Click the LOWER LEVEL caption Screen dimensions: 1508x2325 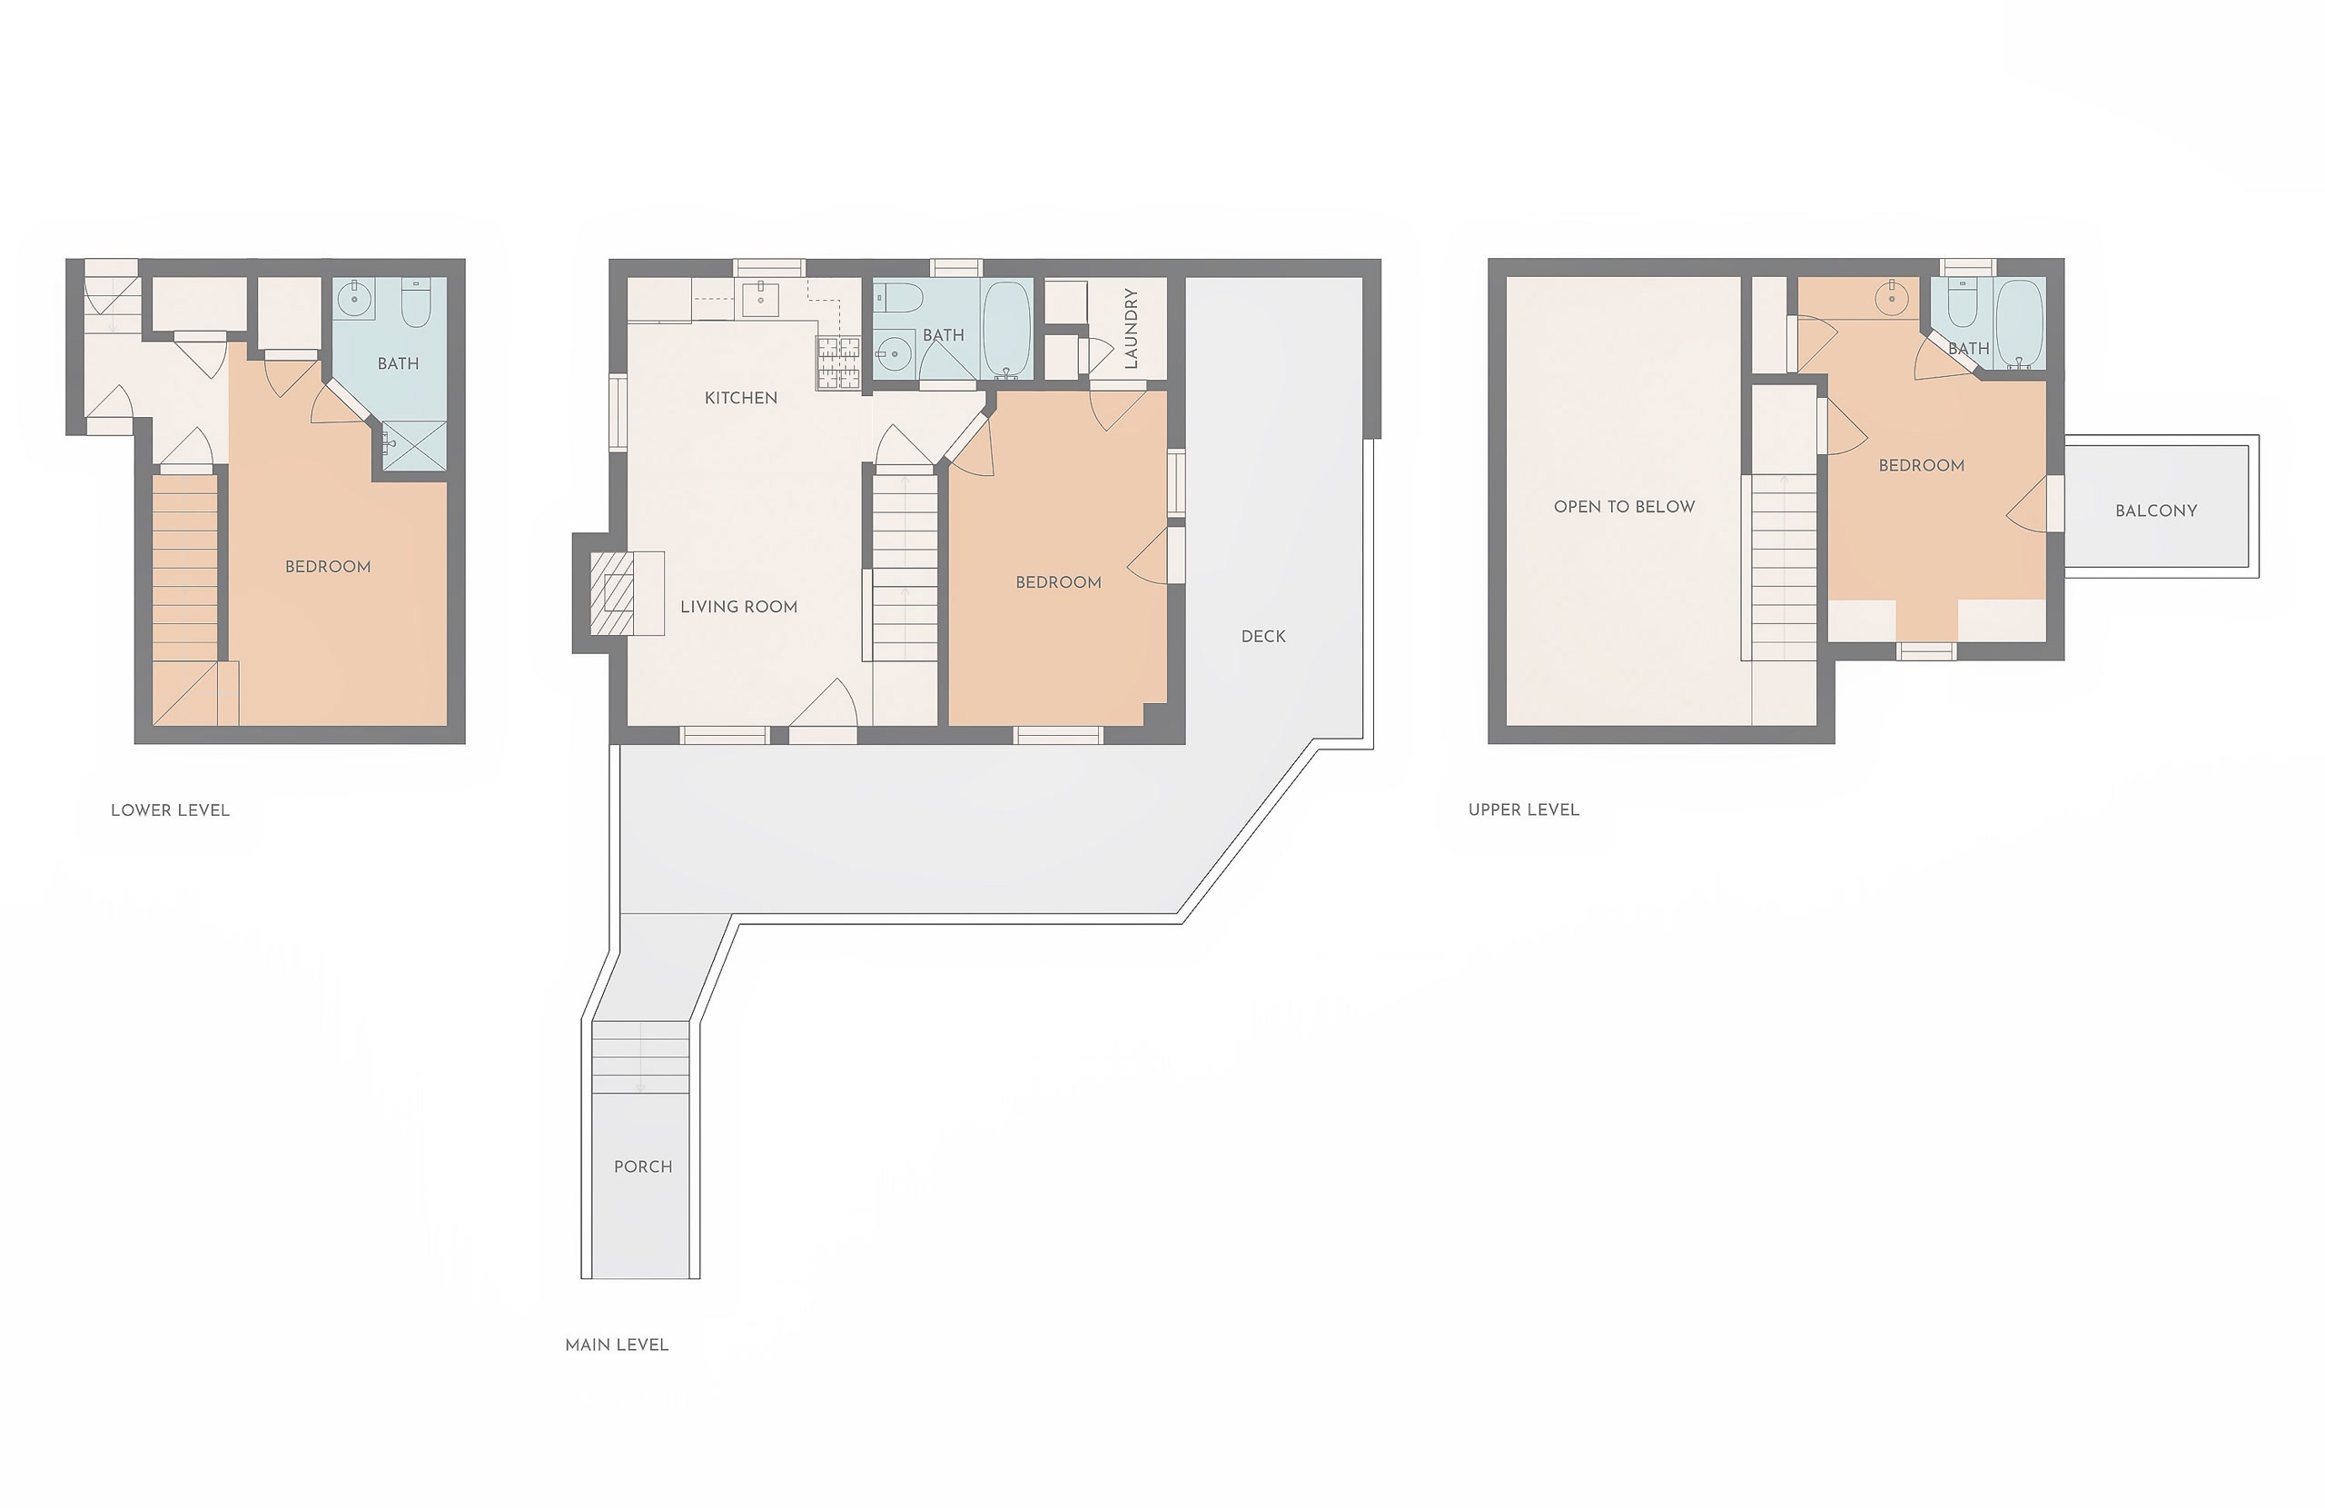pos(170,810)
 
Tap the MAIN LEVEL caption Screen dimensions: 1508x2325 pos(617,1344)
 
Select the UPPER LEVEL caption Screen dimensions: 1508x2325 pos(1523,809)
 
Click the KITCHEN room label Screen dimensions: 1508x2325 pos(740,398)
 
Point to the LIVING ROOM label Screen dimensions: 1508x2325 pos(738,607)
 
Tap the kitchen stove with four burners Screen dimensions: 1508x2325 pos(838,362)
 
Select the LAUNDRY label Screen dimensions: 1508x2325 pos(1132,327)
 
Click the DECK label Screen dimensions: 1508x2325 pos(1263,636)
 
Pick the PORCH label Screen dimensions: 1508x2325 pos(643,1167)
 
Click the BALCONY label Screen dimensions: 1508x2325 pos(2156,511)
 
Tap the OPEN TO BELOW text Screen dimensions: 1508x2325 pos(1624,506)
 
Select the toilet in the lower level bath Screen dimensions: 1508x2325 pos(416,303)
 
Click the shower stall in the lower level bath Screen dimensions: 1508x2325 pos(413,447)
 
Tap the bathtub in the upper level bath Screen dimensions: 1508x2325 pos(2018,323)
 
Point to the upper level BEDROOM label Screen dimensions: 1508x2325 pos(1921,465)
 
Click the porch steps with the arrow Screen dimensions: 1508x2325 pos(641,1057)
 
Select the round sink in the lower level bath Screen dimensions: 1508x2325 pos(354,297)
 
